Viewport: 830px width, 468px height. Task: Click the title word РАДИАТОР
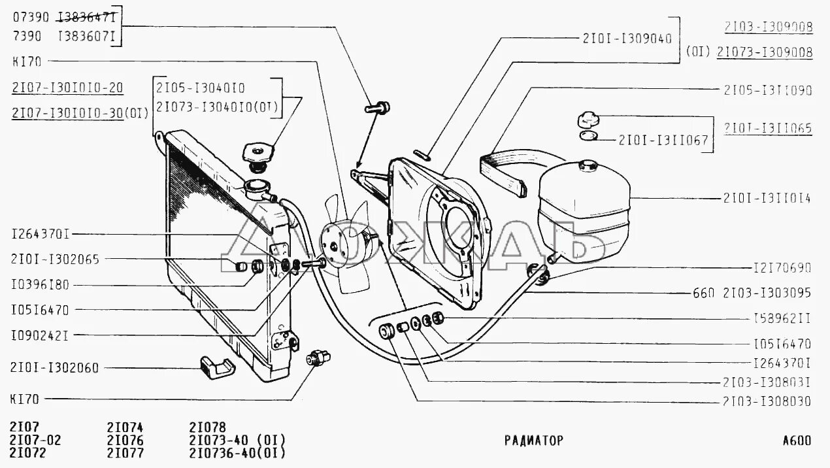533,440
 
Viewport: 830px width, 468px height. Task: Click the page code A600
797,440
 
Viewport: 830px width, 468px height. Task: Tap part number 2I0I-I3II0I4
767,197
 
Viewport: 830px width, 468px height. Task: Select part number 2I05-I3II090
767,90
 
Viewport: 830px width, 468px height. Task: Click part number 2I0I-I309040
627,39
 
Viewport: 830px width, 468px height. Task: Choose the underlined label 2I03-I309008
768,27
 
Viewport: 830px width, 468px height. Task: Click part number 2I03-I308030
767,401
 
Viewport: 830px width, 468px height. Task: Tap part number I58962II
782,319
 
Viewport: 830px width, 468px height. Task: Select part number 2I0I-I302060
55,368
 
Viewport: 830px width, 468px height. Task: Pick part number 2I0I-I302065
55,259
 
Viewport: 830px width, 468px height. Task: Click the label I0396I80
48,285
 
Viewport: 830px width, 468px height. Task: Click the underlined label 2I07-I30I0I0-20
67,88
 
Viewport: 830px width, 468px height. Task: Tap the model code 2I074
125,426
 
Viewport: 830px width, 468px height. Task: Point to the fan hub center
335,246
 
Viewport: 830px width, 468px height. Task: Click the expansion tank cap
587,120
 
